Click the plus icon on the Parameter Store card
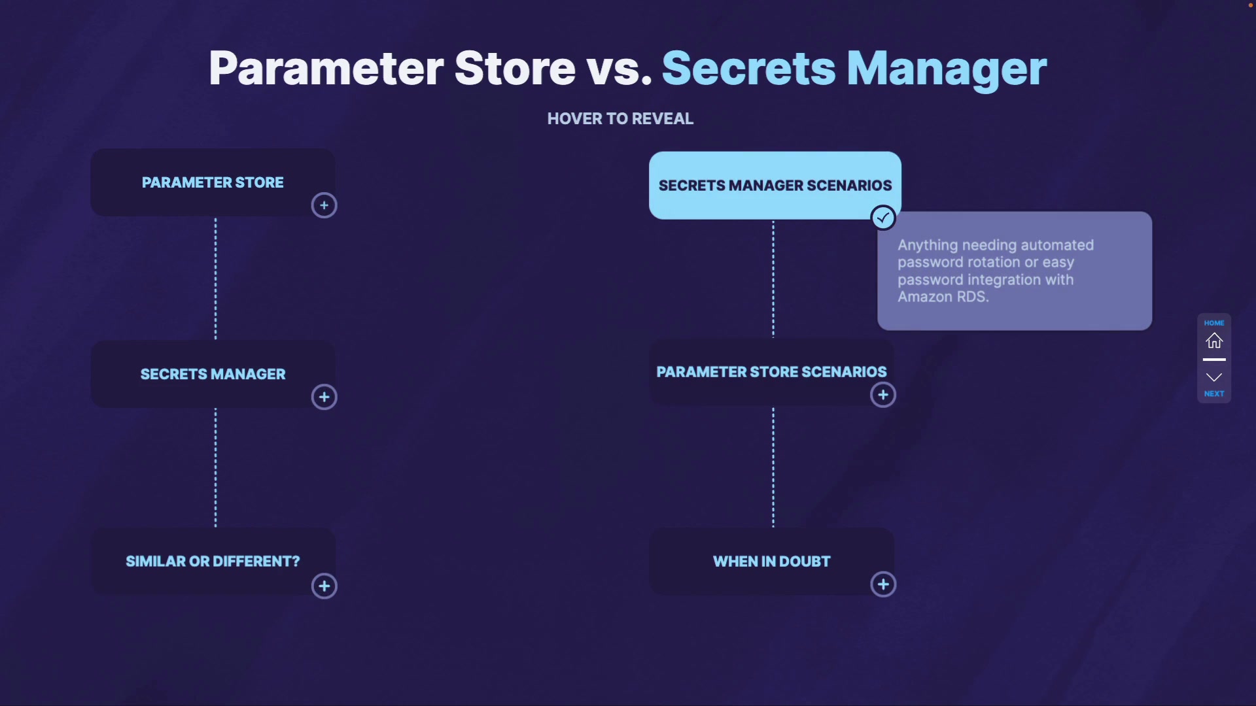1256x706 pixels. pyautogui.click(x=324, y=205)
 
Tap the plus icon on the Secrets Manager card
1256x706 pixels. pyautogui.click(x=324, y=397)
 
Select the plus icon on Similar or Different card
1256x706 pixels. pyautogui.click(x=324, y=586)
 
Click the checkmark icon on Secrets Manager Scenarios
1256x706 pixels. pyautogui.click(x=883, y=218)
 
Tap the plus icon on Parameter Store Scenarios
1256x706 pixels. pyautogui.click(x=883, y=395)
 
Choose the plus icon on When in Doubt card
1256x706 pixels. pyautogui.click(x=883, y=584)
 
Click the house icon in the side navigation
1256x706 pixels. pyautogui.click(x=1214, y=341)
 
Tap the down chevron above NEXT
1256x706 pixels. pyautogui.click(x=1214, y=377)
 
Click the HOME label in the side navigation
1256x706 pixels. pyautogui.click(x=1214, y=323)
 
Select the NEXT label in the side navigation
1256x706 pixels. pyautogui.click(x=1214, y=394)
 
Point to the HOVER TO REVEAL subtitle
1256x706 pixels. pyautogui.click(x=620, y=118)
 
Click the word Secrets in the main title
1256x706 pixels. pyautogui.click(x=749, y=68)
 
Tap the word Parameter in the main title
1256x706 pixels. pyautogui.click(x=326, y=68)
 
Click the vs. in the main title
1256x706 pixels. pyautogui.click(x=619, y=69)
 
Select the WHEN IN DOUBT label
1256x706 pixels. pyautogui.click(x=772, y=562)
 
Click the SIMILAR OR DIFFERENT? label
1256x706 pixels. pyautogui.click(x=213, y=562)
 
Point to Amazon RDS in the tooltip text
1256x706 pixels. pyautogui.click(x=943, y=297)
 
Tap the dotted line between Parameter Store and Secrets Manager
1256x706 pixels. pyautogui.click(x=215, y=278)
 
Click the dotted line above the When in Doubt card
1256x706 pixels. pyautogui.click(x=773, y=467)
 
